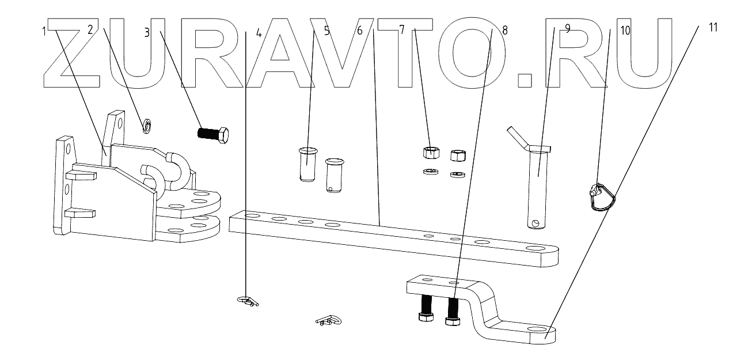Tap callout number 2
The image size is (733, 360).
coord(90,31)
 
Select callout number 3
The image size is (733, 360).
coord(147,32)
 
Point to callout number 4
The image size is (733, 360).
coord(259,33)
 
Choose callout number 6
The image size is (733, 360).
coord(360,31)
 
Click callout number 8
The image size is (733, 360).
coord(505,31)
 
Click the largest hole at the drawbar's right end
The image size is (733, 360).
coord(536,250)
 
